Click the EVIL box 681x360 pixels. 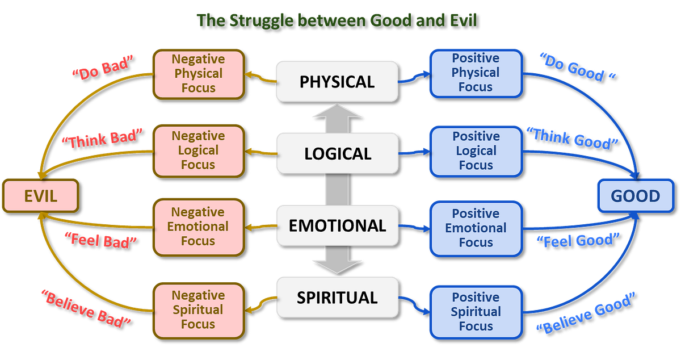tap(40, 196)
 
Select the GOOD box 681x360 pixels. tap(635, 196)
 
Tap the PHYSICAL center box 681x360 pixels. tap(337, 81)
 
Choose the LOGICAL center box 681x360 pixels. tap(337, 153)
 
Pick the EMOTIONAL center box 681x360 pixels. tap(337, 225)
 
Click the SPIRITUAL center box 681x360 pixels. tap(337, 298)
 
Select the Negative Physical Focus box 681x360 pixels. tap(198, 73)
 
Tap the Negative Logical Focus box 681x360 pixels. tap(198, 150)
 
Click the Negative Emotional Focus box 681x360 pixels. tap(198, 226)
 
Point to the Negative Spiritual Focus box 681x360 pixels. tap(198, 309)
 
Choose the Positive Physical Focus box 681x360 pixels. tap(475, 73)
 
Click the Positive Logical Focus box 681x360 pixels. tap(476, 150)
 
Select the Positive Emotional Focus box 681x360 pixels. tap(476, 228)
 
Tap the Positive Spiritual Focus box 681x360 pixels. tap(476, 311)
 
